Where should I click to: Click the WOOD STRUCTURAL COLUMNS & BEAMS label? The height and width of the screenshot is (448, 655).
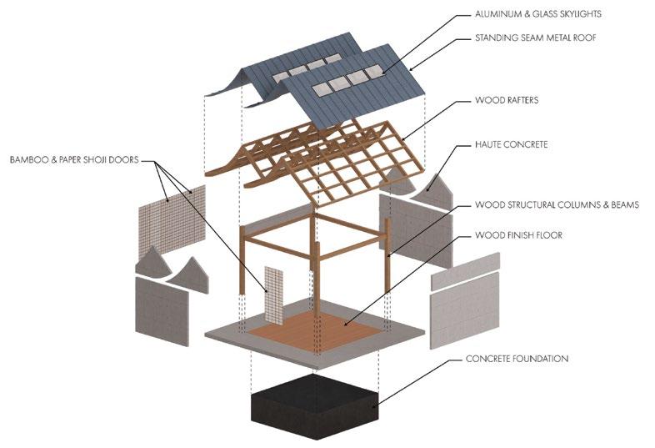557,204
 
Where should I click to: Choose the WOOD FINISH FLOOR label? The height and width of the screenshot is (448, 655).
518,235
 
